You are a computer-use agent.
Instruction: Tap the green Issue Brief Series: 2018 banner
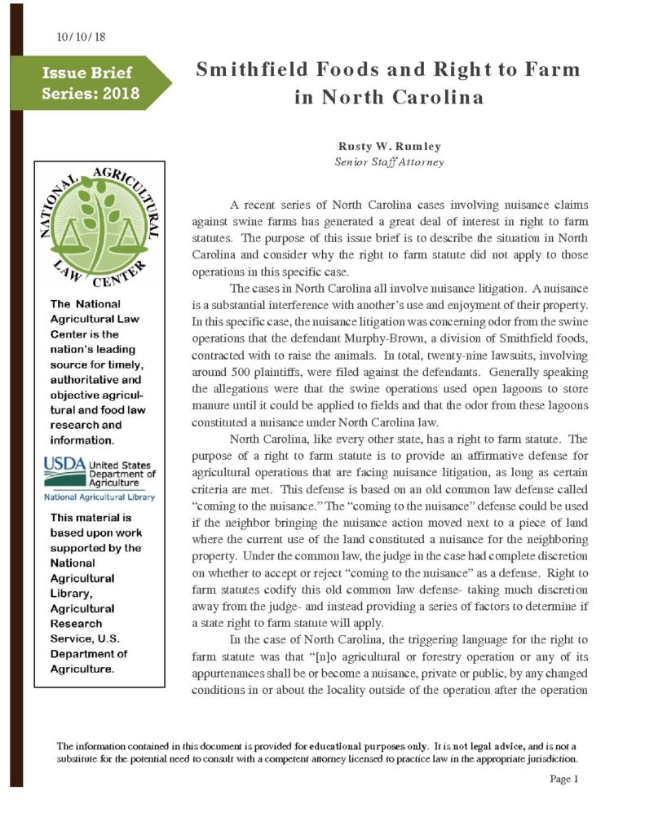pos(91,83)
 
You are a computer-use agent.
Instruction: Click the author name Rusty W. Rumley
pos(390,146)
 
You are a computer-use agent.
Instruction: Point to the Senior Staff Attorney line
pos(389,161)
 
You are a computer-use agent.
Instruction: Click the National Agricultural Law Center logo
pos(91,230)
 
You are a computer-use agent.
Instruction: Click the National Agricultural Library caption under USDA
pos(99,497)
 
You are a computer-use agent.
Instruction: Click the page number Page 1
pos(563,780)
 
